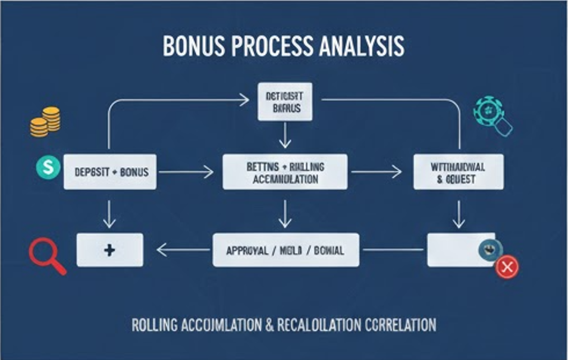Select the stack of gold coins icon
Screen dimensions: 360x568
coord(46,121)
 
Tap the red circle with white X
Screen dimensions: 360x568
coord(507,267)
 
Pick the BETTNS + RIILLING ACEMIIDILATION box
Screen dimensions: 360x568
coord(285,172)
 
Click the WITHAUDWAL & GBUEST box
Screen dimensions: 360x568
coord(458,172)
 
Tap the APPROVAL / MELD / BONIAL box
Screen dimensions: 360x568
coord(285,250)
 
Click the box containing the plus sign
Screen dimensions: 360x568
coord(109,250)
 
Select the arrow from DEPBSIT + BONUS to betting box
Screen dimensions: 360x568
coord(186,172)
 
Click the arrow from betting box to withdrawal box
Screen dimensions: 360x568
coord(376,172)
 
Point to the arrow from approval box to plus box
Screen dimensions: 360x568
coord(184,250)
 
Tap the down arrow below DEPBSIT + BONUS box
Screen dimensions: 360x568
coord(109,214)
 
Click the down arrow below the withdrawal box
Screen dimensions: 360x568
coord(458,214)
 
